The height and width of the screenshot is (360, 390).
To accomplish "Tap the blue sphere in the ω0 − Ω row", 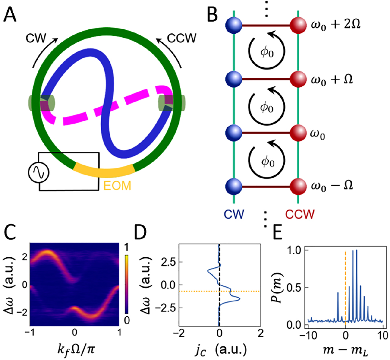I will (233, 187).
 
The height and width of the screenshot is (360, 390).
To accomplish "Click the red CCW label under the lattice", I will (297, 212).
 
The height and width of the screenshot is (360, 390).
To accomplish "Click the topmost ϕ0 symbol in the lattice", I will (266, 51).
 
